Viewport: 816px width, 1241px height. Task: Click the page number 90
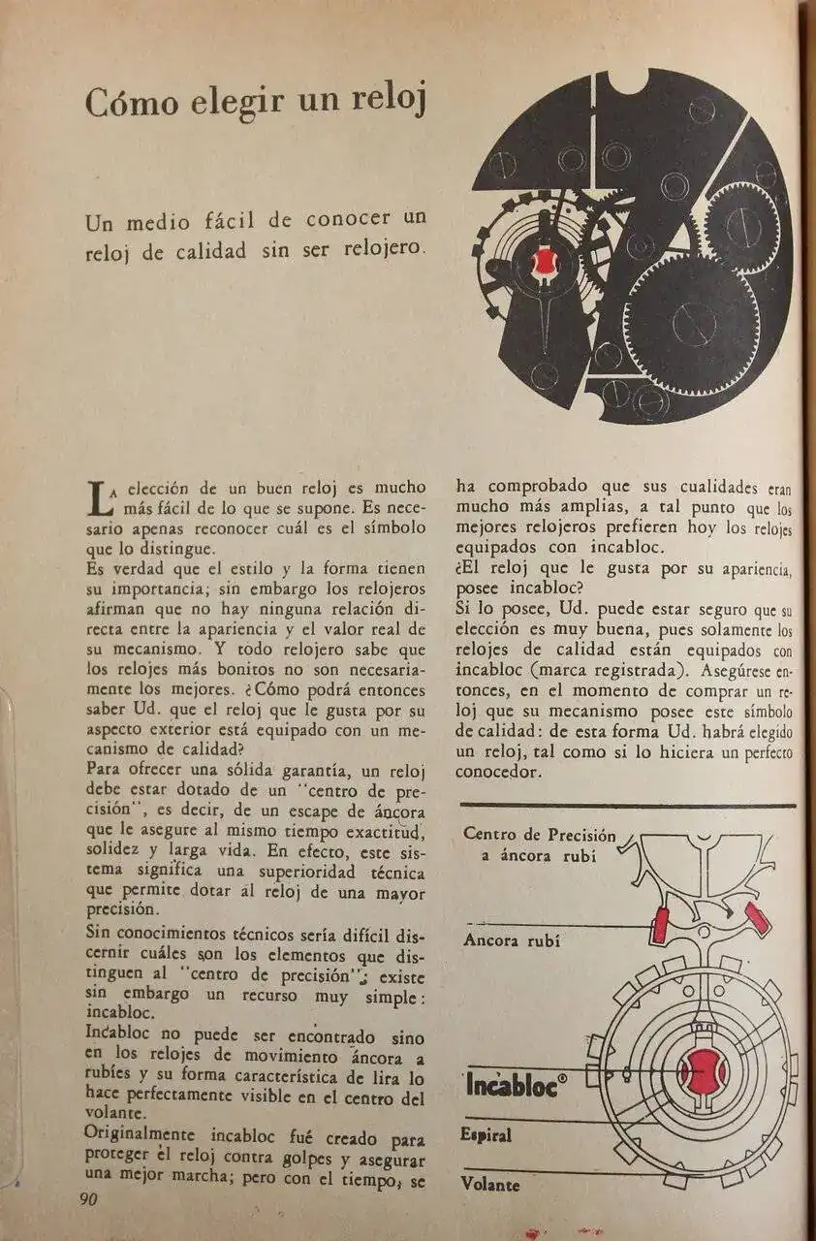pos(88,1198)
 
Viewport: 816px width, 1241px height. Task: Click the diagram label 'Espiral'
pos(486,1135)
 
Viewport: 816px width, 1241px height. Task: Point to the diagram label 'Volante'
pos(490,1184)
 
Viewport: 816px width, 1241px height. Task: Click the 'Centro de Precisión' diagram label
pos(539,834)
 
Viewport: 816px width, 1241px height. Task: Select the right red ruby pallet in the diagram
pos(756,917)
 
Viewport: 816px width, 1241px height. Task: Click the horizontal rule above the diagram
pos(628,805)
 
